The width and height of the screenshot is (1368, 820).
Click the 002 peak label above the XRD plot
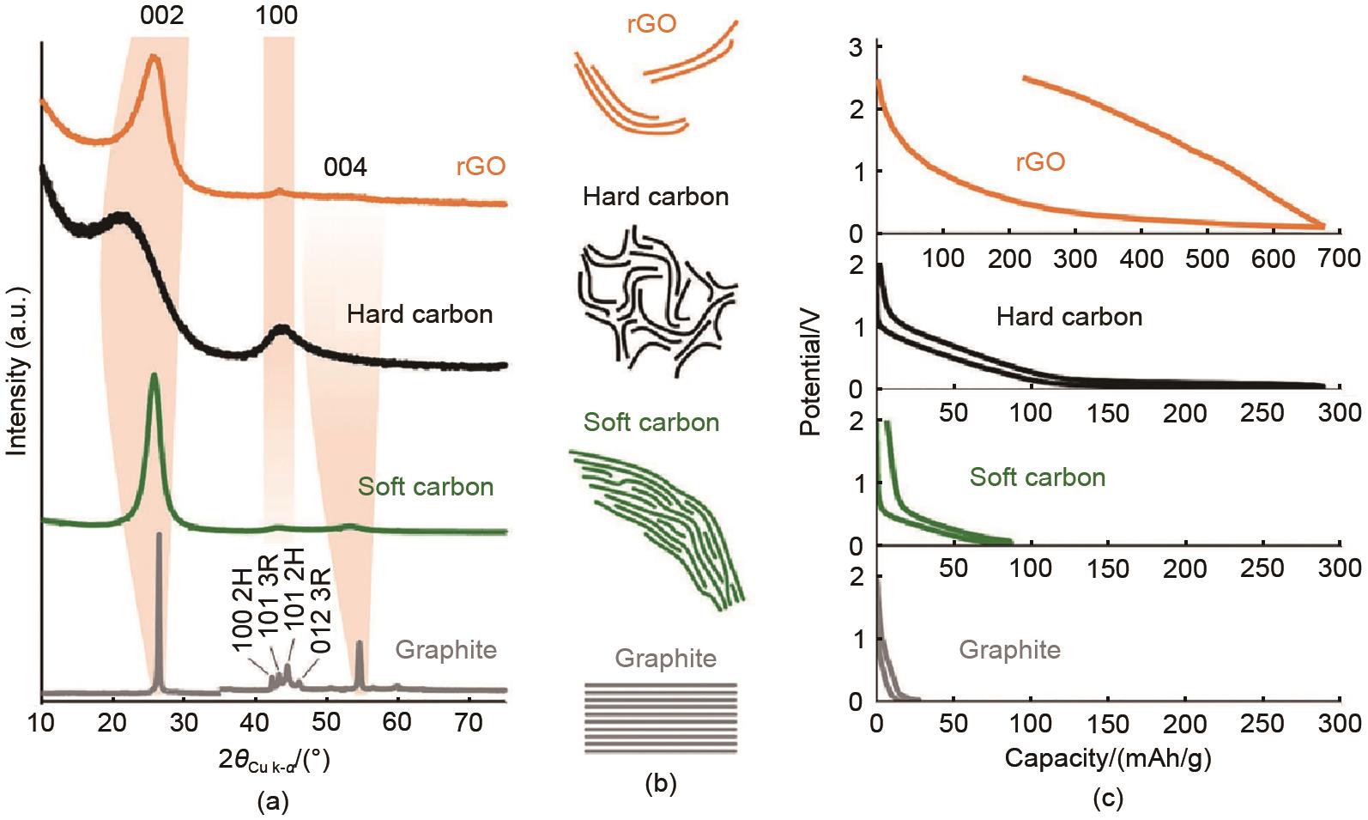tap(163, 15)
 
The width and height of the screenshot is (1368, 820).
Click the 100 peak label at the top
tap(277, 15)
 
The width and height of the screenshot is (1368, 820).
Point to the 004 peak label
tap(345, 167)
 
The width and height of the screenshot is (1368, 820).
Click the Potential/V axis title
tap(810, 379)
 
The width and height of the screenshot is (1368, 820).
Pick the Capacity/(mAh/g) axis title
tap(1108, 759)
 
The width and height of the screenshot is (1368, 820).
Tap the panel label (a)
tap(273, 802)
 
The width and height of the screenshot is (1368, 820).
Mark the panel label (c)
tap(1108, 799)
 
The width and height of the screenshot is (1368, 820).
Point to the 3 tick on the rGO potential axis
tap(856, 48)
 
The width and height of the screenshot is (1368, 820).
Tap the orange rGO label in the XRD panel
tap(481, 167)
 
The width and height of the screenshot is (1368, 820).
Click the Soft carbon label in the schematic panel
tap(651, 422)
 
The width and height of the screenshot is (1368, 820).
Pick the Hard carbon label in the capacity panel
tap(1069, 318)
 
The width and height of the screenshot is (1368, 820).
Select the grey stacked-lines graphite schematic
tap(661, 718)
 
